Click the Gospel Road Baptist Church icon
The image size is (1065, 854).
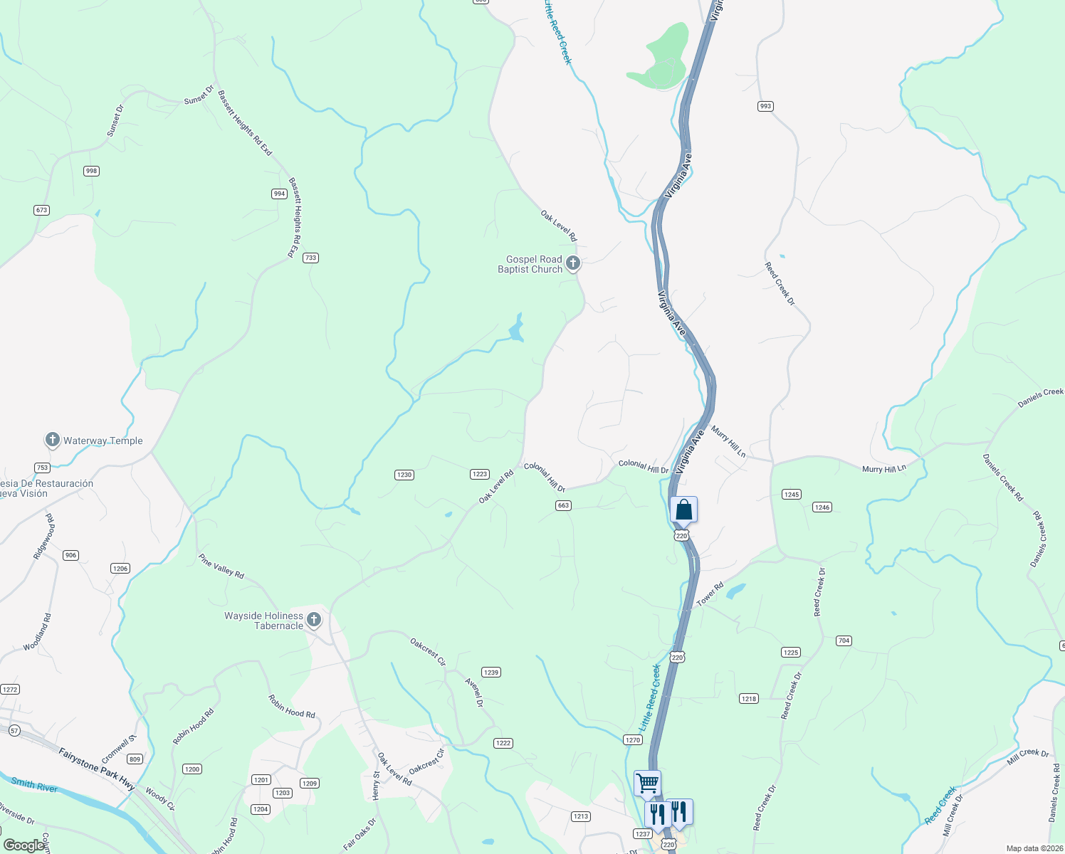click(573, 263)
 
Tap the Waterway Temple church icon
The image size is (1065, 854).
click(52, 440)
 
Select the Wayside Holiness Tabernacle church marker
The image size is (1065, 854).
click(313, 620)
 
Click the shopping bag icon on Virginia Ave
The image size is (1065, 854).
click(683, 510)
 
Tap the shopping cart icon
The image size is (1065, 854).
click(647, 783)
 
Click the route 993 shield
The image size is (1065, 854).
click(765, 106)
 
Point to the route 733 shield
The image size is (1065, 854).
click(310, 258)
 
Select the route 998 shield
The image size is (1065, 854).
click(91, 171)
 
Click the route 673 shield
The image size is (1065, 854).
click(41, 210)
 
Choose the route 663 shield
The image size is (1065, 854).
click(563, 505)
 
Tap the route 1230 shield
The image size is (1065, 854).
click(404, 475)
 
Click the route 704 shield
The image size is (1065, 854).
click(844, 640)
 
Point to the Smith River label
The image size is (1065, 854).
click(34, 785)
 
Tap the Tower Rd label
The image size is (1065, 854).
click(710, 594)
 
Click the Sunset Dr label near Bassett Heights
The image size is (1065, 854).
click(199, 95)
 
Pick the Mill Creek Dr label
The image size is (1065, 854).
click(1028, 757)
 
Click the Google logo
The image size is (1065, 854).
click(23, 845)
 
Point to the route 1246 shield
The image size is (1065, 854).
click(822, 507)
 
